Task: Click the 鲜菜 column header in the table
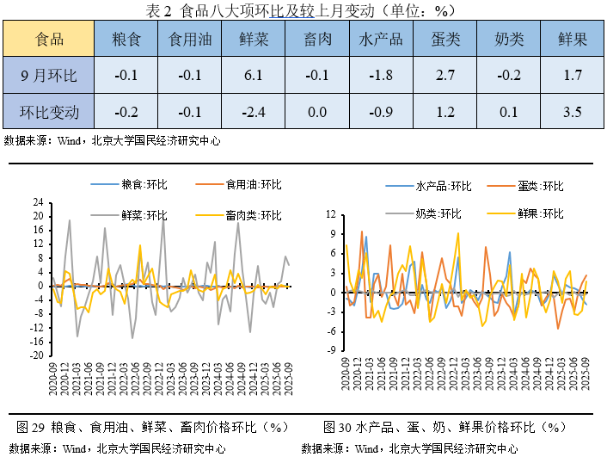coord(253,40)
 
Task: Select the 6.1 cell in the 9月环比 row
coord(253,76)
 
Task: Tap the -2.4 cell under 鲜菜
coord(253,112)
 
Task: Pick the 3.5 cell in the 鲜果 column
coord(573,112)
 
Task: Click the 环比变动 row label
coord(49,112)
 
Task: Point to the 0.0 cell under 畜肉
coord(316,112)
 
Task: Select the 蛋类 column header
coord(445,40)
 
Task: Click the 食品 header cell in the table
coord(49,40)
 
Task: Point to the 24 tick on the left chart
coord(39,203)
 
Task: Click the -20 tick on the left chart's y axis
coord(35,355)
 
